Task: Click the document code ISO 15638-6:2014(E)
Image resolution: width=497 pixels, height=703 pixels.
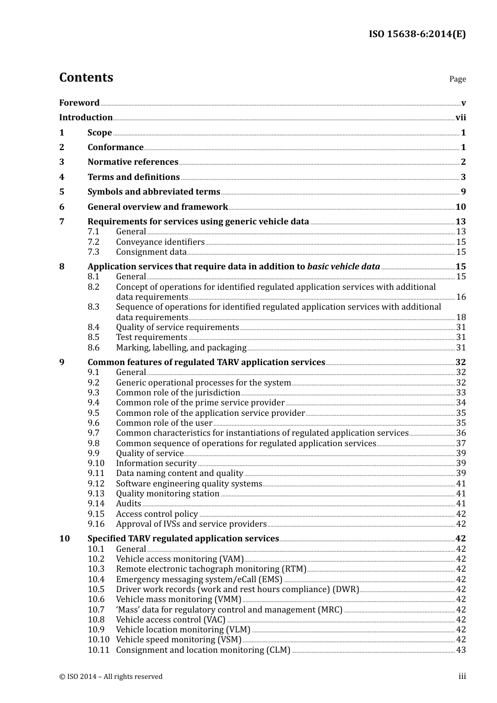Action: pos(417,34)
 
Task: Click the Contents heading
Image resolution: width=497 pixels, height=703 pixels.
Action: pos(86,77)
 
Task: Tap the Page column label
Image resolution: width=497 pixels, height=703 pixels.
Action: pos(457,79)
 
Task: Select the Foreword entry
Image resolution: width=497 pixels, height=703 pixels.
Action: pos(79,103)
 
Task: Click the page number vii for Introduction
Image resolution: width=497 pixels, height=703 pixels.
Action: pos(460,118)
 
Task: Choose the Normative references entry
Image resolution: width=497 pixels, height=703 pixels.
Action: pos(133,162)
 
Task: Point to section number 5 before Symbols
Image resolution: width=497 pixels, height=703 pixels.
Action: pos(62,192)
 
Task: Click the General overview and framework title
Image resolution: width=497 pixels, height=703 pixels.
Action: pos(157,207)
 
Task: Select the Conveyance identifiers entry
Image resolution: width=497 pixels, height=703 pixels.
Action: pos(160,242)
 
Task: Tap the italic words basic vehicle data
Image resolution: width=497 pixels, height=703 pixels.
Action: pos(343,267)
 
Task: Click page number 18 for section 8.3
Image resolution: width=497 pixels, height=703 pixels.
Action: pos(461,318)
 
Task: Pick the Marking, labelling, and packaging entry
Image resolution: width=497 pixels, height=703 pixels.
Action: pos(181,348)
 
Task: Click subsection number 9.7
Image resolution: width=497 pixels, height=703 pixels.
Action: pos(93,433)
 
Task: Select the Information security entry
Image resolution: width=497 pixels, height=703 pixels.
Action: pos(156,463)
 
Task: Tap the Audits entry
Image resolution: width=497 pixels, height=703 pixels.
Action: pos(128,504)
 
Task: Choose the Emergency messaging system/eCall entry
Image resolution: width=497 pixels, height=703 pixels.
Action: pos(199,580)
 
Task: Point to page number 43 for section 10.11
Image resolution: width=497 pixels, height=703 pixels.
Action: pos(461,650)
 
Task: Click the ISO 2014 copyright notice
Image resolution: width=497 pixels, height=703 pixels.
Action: pos(111,677)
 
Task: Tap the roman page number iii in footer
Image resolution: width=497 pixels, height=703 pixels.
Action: pos(462,676)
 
